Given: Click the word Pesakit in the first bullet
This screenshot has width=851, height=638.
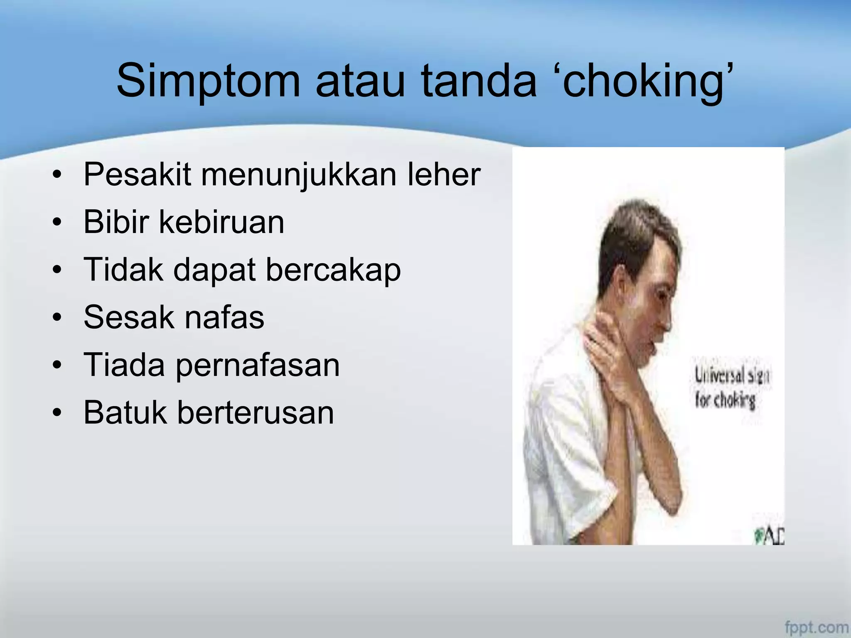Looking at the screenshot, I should pyautogui.click(x=137, y=174).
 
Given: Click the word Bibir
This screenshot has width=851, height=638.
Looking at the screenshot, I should pyautogui.click(x=116, y=222).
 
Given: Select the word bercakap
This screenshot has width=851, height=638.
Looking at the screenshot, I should pyautogui.click(x=333, y=270).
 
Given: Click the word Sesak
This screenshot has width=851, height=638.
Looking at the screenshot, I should pyautogui.click(x=129, y=317).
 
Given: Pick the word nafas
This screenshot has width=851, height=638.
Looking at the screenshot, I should pyautogui.click(x=224, y=317).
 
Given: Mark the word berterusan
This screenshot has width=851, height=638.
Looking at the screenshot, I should pyautogui.click(x=256, y=412).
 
